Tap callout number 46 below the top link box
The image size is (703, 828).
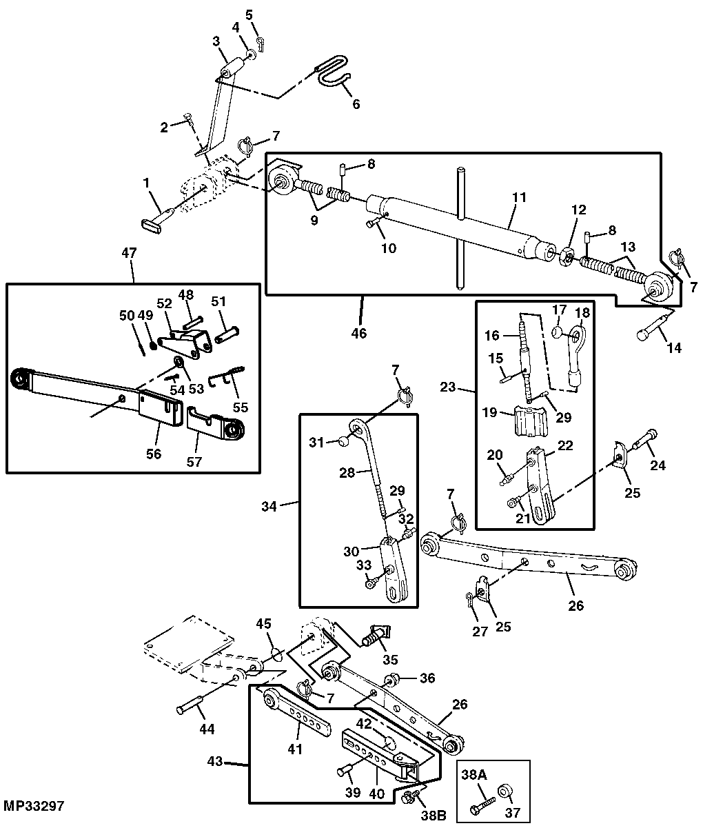(x=358, y=333)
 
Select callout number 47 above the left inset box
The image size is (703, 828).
(x=129, y=253)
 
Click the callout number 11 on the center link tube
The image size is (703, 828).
(x=519, y=198)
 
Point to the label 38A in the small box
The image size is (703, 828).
(x=474, y=776)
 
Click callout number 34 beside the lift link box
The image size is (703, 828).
(x=269, y=506)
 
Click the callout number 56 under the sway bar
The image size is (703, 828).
(x=153, y=453)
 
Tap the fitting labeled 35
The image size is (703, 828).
(x=376, y=636)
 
